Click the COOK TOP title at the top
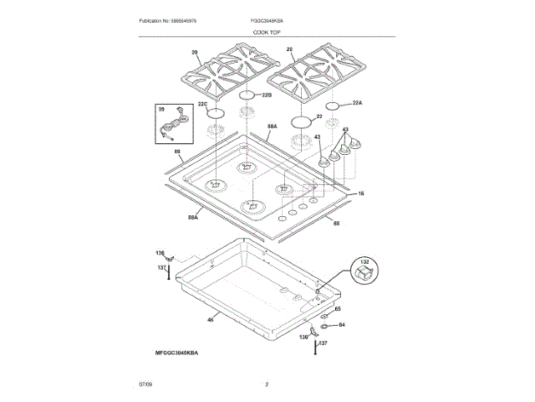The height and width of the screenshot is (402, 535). click(267, 31)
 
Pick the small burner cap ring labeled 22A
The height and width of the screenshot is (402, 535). click(333, 106)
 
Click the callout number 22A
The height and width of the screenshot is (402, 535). click(357, 102)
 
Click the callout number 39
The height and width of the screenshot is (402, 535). click(161, 108)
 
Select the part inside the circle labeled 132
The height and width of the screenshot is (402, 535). click(364, 273)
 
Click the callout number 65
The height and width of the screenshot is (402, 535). click(339, 310)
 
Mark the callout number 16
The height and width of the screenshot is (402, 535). click(361, 193)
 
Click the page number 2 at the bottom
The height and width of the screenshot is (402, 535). click(267, 384)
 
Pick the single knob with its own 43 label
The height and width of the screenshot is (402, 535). click(323, 157)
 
